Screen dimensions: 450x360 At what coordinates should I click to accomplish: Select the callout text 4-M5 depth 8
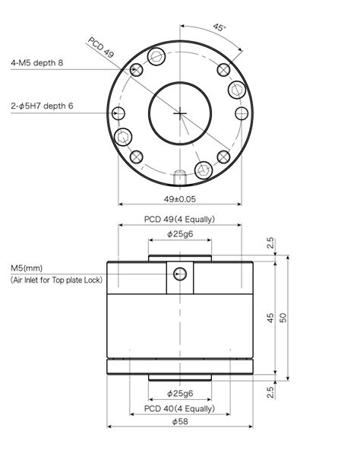pyautogui.click(x=36, y=63)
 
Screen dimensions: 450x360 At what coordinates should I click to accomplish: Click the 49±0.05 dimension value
pyautogui.click(x=180, y=198)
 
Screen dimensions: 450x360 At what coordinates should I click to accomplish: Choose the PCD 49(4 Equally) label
pyautogui.click(x=180, y=219)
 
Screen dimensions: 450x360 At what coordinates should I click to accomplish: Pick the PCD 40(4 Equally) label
pyautogui.click(x=180, y=409)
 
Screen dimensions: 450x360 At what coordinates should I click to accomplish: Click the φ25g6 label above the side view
pyautogui.click(x=180, y=234)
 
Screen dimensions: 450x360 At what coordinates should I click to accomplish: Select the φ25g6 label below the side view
pyautogui.click(x=180, y=394)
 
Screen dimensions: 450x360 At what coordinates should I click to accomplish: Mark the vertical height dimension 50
pyautogui.click(x=283, y=318)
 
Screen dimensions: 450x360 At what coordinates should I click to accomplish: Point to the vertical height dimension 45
pyautogui.click(x=270, y=318)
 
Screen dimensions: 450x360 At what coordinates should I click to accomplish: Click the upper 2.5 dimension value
pyautogui.click(x=270, y=243)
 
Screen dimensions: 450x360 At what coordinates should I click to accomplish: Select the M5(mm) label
pyautogui.click(x=27, y=268)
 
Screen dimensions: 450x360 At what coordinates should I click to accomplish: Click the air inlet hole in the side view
pyautogui.click(x=180, y=274)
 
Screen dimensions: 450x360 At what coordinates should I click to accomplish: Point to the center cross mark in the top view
pyautogui.click(x=180, y=113)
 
